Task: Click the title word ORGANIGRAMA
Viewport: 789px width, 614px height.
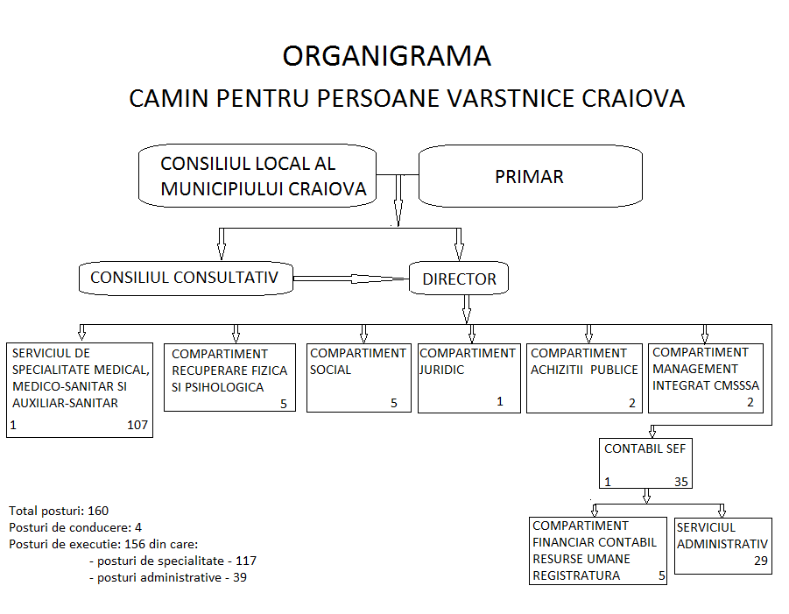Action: pos(386,56)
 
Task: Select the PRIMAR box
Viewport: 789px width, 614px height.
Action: pos(531,176)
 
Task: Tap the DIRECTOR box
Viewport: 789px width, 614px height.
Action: pos(458,278)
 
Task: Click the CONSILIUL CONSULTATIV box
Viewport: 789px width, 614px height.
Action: pos(186,278)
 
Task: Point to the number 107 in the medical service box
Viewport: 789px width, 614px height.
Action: pos(137,425)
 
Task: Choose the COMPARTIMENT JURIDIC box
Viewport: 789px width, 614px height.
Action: pos(469,378)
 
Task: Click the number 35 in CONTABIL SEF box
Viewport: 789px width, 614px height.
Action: pos(680,482)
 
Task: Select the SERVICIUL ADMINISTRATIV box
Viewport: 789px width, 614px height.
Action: pos(722,546)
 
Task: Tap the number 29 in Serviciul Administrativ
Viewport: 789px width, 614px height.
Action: pos(761,561)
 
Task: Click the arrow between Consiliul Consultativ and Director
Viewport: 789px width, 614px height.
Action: pos(351,279)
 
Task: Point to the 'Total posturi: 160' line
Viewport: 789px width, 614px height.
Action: pos(59,511)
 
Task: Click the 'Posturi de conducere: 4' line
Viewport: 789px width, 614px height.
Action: pos(75,527)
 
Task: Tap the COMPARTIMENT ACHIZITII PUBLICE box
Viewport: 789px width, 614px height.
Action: pos(584,378)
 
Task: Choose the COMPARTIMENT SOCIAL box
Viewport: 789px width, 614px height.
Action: pos(359,378)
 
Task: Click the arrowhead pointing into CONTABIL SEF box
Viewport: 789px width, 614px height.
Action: pos(652,432)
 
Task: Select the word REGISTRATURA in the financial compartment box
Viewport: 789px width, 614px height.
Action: pos(576,575)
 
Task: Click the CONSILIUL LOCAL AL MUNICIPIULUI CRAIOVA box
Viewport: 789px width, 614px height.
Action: pos(257,176)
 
